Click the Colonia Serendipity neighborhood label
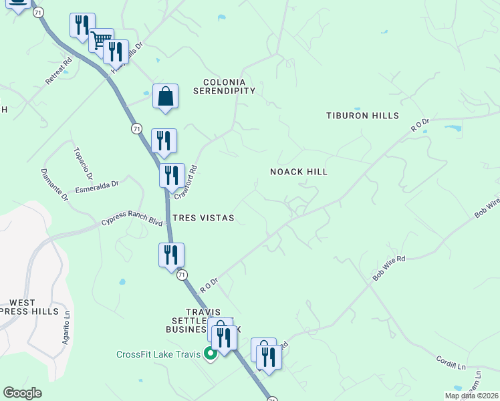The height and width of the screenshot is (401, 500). pyautogui.click(x=224, y=86)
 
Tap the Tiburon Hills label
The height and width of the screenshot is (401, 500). pyautogui.click(x=362, y=116)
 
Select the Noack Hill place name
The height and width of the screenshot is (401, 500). pyautogui.click(x=298, y=172)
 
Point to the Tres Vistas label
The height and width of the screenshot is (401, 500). pyautogui.click(x=203, y=219)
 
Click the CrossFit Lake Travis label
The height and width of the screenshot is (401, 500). pyautogui.click(x=158, y=354)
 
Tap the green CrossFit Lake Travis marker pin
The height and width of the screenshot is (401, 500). pyautogui.click(x=210, y=354)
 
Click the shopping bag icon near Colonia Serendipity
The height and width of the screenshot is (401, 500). pyautogui.click(x=165, y=96)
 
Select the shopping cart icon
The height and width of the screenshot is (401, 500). pyautogui.click(x=101, y=40)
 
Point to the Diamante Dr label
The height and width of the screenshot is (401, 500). pyautogui.click(x=55, y=184)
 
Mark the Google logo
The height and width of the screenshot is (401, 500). pyautogui.click(x=23, y=393)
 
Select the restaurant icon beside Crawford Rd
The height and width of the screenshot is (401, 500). pyautogui.click(x=172, y=176)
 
